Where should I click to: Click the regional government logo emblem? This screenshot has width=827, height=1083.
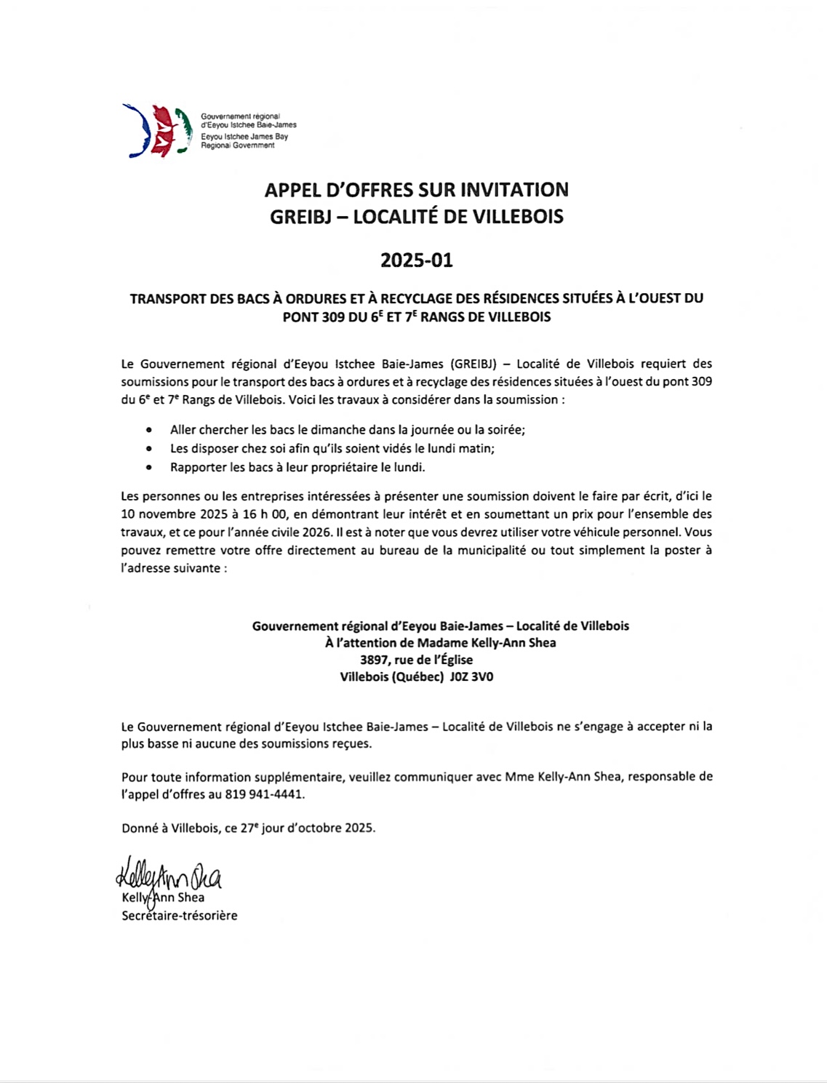click(156, 131)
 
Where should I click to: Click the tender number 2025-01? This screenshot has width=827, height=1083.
click(416, 260)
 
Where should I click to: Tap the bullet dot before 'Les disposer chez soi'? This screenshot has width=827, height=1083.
click(149, 449)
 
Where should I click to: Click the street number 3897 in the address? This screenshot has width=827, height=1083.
click(375, 660)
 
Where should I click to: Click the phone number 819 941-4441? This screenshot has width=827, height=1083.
click(264, 795)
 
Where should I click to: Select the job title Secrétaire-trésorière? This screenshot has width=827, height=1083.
click(179, 916)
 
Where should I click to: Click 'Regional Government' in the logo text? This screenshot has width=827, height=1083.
click(238, 145)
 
